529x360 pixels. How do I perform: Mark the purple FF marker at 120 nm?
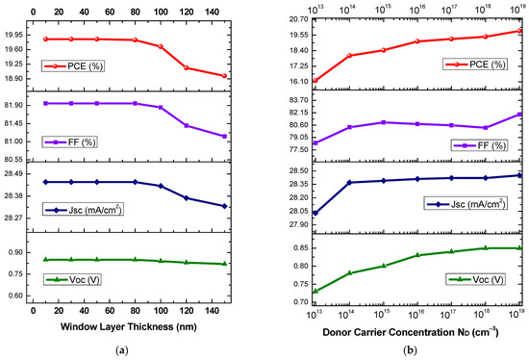(186, 125)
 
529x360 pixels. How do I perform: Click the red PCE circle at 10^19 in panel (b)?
(520, 31)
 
